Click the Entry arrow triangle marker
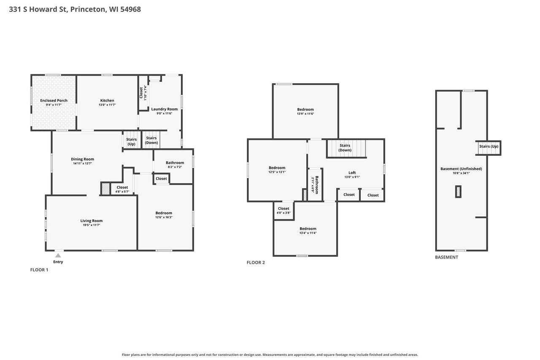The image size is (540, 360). pos(58,255)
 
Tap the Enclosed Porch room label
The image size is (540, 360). pos(54,100)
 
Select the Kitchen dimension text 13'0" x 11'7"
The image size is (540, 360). pos(107,105)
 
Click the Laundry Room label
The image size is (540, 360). pos(165,109)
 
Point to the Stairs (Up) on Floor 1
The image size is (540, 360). pos(131,141)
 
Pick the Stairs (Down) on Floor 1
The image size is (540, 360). pos(151,140)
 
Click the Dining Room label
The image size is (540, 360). pos(82,159)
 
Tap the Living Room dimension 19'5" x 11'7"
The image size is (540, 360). pos(92,225)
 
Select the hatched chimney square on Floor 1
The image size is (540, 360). pos(105,189)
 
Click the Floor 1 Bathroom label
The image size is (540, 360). pos(175,162)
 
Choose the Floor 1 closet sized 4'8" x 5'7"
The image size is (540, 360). pos(122,189)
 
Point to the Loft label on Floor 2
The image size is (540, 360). pos(352,173)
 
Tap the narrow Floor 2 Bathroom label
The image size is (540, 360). pos(317,185)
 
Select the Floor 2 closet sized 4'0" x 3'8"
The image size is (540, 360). pos(283,210)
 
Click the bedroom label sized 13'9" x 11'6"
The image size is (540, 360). pos(305,109)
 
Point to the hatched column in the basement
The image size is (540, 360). pos(458,192)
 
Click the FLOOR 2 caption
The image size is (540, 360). pos(256,263)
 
